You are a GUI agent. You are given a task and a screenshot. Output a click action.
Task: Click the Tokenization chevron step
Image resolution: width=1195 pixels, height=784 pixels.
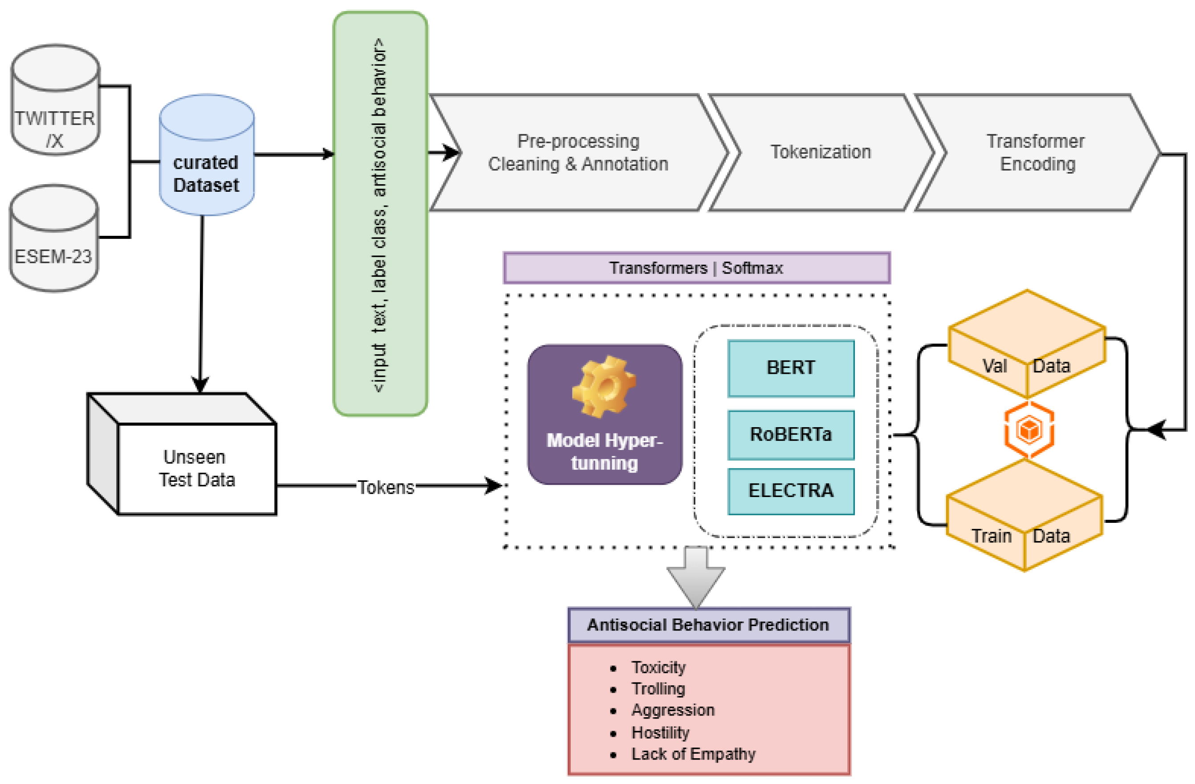[x=821, y=152]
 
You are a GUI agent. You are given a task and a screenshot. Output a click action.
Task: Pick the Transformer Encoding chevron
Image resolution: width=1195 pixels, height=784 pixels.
[x=1036, y=153]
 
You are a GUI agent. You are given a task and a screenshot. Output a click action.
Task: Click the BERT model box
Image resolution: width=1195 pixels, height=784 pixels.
[x=791, y=368]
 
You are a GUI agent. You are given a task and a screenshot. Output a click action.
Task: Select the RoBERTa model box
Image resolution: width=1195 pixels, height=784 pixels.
[x=791, y=435]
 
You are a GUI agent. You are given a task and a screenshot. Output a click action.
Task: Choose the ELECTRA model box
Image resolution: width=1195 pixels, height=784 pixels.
[x=791, y=491]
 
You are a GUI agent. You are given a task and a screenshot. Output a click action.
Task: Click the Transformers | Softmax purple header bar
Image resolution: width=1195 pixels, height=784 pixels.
[x=696, y=268]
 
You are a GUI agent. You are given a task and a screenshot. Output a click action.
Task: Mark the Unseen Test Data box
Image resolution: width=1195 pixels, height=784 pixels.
[x=196, y=468]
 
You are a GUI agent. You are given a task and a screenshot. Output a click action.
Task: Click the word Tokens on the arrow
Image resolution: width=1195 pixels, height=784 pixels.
[x=386, y=487]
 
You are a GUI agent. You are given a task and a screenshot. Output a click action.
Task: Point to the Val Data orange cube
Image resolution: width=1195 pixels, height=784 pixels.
[x=1027, y=346]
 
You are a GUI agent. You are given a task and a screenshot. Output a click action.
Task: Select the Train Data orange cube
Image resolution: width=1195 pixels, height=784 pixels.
[x=1024, y=517]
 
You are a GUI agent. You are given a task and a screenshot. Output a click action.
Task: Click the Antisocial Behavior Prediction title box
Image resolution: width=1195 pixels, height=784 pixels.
[x=708, y=625]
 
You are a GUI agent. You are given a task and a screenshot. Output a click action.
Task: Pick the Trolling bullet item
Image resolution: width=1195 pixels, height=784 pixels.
[x=658, y=689]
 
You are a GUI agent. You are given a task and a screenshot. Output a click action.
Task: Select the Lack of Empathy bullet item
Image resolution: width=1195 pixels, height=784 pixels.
[x=693, y=754]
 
